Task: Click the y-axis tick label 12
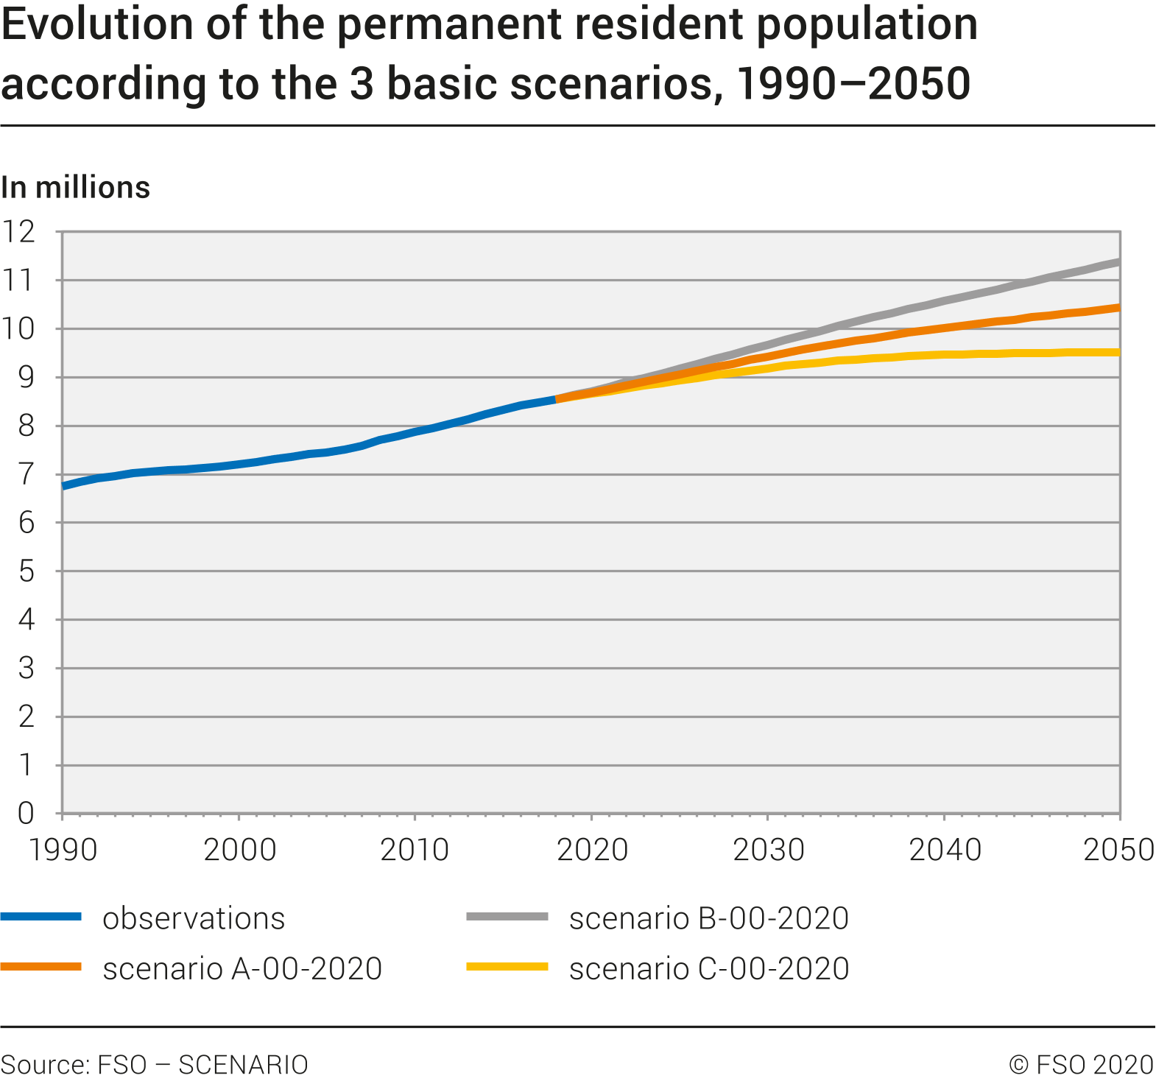[18, 232]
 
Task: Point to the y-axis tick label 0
[26, 814]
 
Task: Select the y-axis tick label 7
[26, 474]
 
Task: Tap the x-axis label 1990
[63, 850]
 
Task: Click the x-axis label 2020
[592, 850]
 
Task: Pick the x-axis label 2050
[1119, 850]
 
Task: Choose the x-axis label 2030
[768, 850]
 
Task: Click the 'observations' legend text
[194, 918]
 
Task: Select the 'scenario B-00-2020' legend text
[709, 918]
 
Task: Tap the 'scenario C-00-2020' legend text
[709, 968]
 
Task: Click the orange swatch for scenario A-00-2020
[41, 967]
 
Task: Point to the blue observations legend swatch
[41, 917]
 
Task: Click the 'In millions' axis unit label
[76, 188]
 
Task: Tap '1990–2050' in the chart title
[853, 83]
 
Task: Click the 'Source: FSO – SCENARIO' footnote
[155, 1065]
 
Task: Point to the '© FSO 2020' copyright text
[1081, 1065]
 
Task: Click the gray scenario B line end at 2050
[1118, 262]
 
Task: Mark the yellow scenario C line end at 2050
[1118, 353]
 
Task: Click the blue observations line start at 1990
[65, 486]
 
